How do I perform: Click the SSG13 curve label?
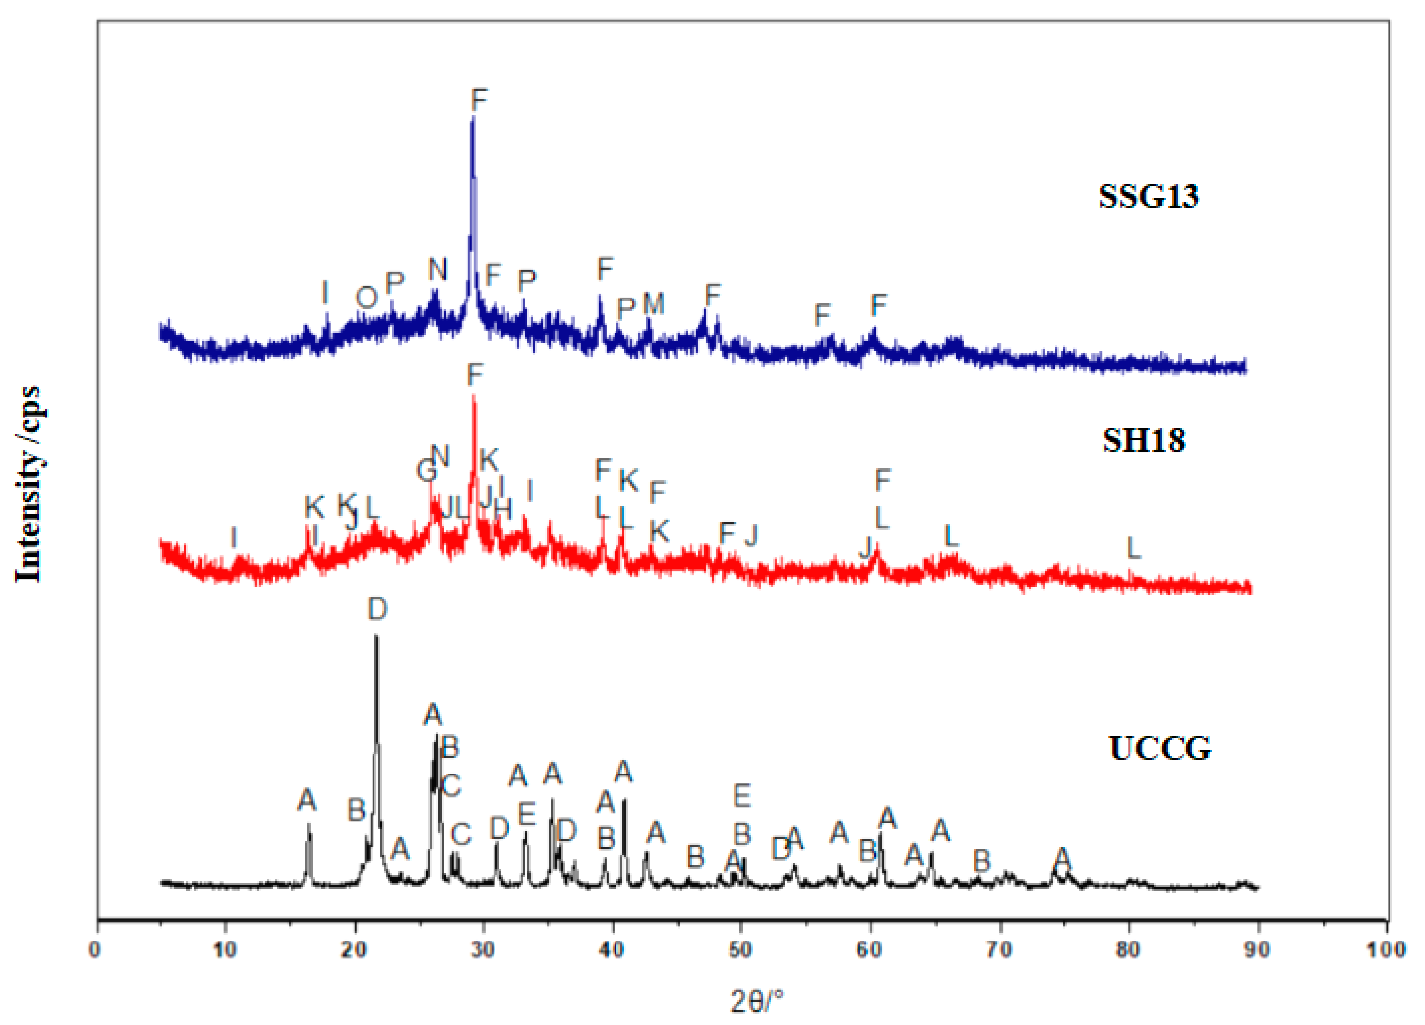coord(1148,197)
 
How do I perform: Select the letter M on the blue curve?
coord(653,304)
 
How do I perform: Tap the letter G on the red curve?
coord(426,470)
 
